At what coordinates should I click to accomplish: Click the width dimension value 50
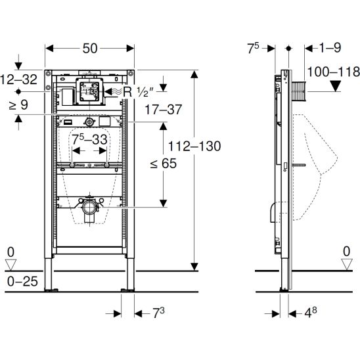[90, 49]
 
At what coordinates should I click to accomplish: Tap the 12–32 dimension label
[18, 79]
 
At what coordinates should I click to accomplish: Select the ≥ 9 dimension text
[18, 105]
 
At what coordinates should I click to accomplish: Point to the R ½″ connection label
[138, 92]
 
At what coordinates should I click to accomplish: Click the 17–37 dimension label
[164, 110]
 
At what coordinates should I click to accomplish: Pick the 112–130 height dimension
[194, 146]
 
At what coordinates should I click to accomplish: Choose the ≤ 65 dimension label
[164, 164]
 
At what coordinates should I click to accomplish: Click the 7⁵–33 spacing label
[89, 139]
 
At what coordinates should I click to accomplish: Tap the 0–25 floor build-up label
[22, 281]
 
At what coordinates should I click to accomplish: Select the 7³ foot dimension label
[158, 313]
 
